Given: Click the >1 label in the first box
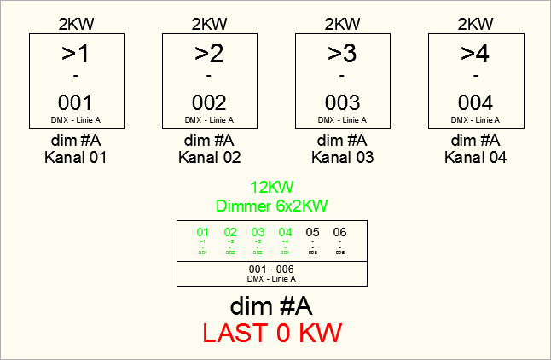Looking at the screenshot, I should (76, 54).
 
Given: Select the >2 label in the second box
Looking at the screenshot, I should (209, 54).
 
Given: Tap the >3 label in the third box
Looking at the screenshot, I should (342, 54).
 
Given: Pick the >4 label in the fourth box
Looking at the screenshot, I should (475, 54).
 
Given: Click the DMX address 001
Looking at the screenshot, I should (76, 103).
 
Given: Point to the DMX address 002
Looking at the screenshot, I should (209, 103).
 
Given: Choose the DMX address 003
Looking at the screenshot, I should (342, 103).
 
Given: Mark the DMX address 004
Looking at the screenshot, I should (475, 103).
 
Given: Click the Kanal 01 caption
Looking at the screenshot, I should (76, 157).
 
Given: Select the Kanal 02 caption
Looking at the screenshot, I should (209, 157).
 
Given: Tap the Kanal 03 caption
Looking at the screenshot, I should (342, 157).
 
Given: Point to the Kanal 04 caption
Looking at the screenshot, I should (475, 157).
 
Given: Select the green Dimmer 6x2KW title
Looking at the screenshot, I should (271, 205).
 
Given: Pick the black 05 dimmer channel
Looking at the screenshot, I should (312, 232).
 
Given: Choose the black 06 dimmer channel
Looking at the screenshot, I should (339, 232).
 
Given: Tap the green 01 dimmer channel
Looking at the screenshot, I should (203, 232).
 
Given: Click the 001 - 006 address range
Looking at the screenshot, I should (271, 269).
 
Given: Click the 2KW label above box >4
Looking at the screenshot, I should (475, 23).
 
